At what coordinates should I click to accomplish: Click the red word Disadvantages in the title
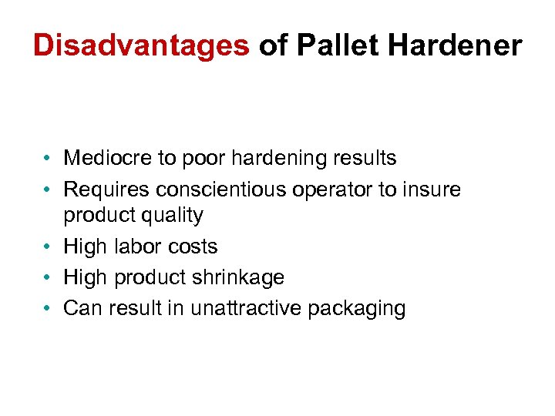point(142,45)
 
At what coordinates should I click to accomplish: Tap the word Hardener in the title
point(455,45)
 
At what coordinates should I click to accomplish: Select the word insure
point(432,190)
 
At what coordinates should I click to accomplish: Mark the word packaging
point(357,309)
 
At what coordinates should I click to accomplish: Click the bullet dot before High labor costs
point(48,247)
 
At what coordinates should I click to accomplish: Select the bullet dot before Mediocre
point(48,159)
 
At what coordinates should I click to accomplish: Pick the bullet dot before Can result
point(48,309)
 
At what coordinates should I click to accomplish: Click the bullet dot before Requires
point(48,190)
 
